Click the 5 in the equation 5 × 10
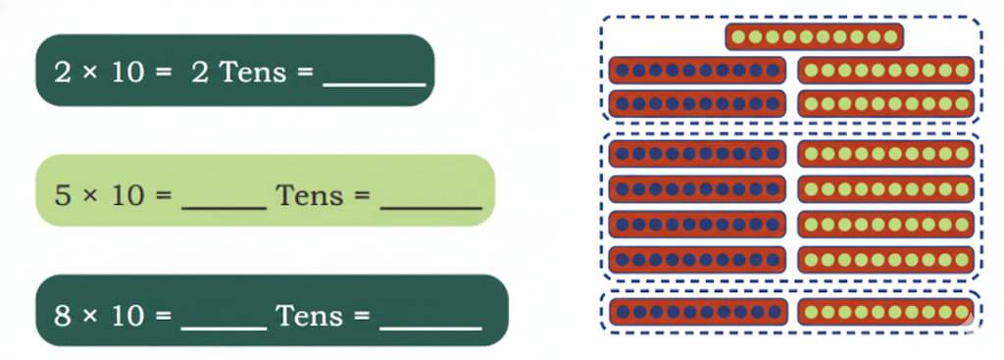coord(62,194)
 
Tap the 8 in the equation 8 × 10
coord(62,316)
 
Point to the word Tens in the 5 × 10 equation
coord(309,194)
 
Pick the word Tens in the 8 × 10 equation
coord(309,316)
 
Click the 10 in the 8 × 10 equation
coord(126,316)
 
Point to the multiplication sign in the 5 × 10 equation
coord(90,195)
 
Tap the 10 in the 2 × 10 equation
coord(126,73)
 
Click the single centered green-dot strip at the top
coord(814,37)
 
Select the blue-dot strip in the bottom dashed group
coord(697,312)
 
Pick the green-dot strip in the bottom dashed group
coord(885,312)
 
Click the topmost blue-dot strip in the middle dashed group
coord(697,153)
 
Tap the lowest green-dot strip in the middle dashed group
coord(885,259)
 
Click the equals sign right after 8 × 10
coord(163,316)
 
